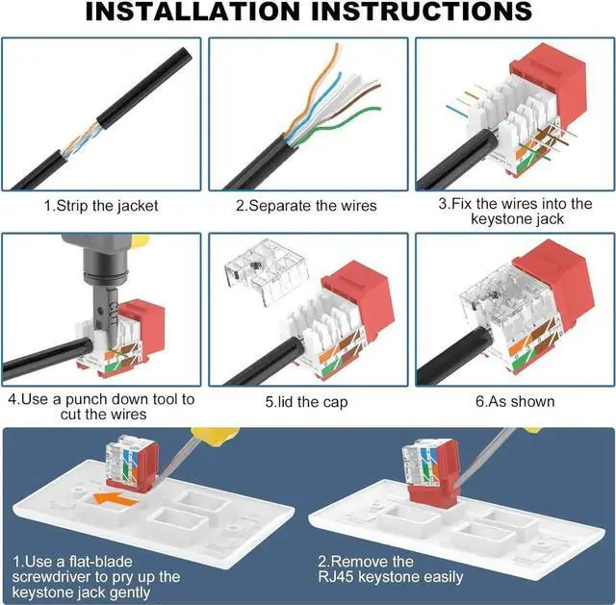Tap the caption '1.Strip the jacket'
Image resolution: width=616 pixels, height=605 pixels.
tap(100, 205)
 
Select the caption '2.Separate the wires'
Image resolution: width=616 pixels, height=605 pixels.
tap(306, 205)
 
